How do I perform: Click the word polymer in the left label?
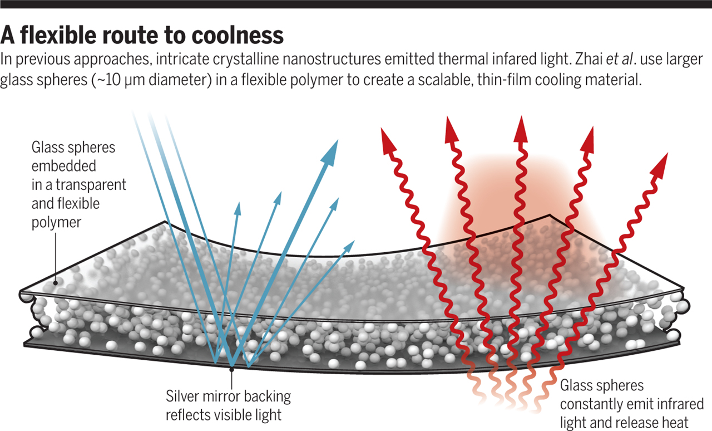coord(56,222)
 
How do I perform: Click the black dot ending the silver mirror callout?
coord(231,368)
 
